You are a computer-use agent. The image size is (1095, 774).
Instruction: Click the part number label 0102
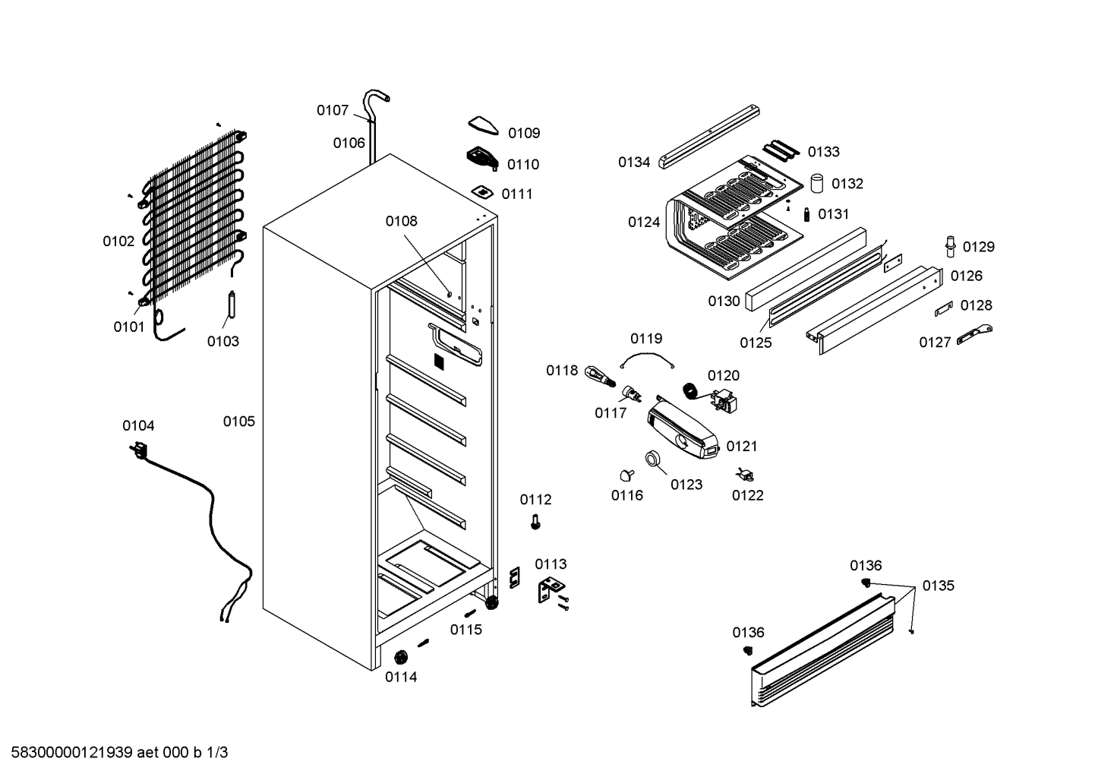coord(118,241)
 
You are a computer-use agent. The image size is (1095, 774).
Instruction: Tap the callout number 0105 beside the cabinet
coord(239,422)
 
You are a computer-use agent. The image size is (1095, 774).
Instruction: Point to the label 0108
coord(402,222)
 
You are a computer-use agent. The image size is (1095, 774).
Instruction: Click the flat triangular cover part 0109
coord(483,125)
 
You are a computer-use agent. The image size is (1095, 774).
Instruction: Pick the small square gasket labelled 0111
coord(482,191)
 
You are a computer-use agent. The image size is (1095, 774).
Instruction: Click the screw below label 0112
coord(535,522)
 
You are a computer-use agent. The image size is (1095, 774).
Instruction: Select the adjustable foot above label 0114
coord(401,657)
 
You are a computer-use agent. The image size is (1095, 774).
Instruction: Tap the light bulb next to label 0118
coord(600,377)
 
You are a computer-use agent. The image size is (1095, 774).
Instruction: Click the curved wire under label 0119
coord(647,355)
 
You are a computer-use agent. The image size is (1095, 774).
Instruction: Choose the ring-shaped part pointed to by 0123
coord(652,459)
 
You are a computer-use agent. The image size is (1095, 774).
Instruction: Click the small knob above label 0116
coord(626,475)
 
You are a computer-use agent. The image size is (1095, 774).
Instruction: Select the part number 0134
coord(634,163)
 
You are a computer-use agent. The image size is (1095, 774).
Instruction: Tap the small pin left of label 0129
coord(950,246)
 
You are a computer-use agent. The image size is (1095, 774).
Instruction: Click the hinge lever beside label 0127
coord(974,335)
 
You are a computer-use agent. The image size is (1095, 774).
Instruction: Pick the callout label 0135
coord(938,586)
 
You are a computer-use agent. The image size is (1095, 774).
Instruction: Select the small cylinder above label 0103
coord(232,304)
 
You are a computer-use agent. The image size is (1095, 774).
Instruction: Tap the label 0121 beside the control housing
coord(742,447)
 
